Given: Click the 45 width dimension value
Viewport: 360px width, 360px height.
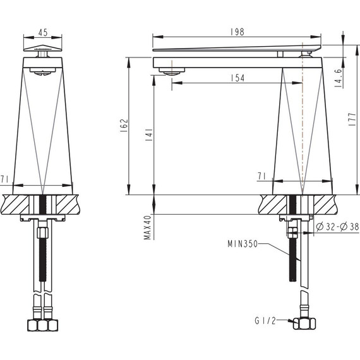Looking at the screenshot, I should tap(43, 32).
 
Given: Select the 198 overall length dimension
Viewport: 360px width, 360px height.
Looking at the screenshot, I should tap(237, 32).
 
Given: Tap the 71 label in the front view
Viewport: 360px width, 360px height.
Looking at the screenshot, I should tap(5, 180).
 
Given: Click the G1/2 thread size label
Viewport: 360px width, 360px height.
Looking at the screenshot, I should tap(264, 321).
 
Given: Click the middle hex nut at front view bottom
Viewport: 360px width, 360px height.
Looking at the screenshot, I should tap(43, 326).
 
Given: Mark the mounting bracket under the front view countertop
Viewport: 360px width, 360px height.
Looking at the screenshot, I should tap(43, 219).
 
